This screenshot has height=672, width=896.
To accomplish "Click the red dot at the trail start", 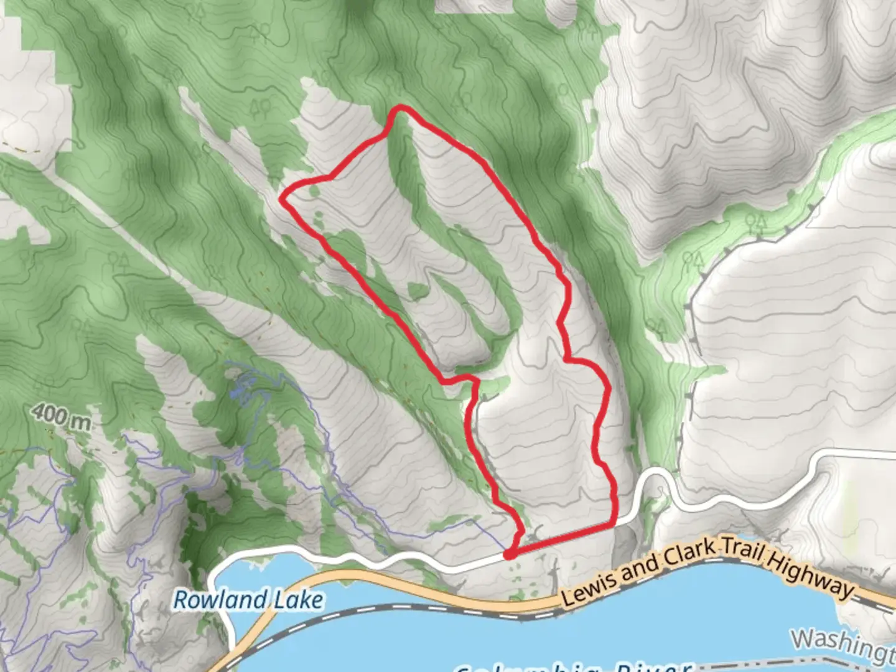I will click(x=510, y=554).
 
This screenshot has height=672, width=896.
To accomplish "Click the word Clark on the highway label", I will click(x=687, y=556).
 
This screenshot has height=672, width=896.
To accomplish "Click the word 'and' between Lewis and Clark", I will click(x=640, y=567).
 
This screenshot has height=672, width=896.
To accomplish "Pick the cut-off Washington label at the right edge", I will click(x=844, y=644).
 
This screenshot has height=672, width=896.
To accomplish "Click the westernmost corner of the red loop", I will click(x=283, y=199).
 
